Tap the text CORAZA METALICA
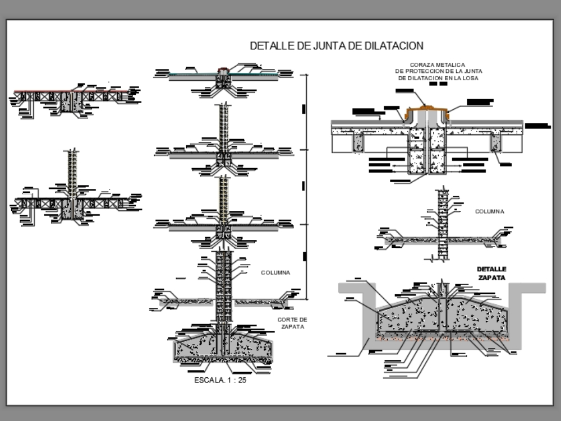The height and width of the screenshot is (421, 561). pos(438,65)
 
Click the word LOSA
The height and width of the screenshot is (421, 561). pos(475,78)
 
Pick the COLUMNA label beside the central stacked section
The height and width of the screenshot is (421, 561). pos(275,272)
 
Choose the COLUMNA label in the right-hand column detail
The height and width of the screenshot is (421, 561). pos(489,211)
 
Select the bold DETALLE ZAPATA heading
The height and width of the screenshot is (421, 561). pos(491,273)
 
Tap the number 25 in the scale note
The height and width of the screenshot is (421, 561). pos(241,380)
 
